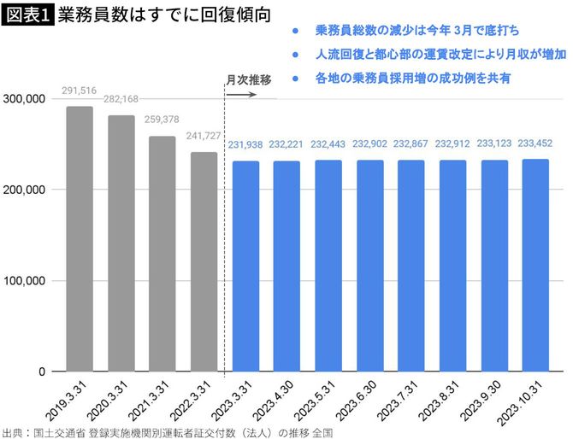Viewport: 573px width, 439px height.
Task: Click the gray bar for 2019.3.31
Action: click(80, 239)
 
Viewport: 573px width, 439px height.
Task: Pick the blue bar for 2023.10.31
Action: click(536, 266)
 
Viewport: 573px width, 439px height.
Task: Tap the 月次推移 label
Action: click(248, 79)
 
